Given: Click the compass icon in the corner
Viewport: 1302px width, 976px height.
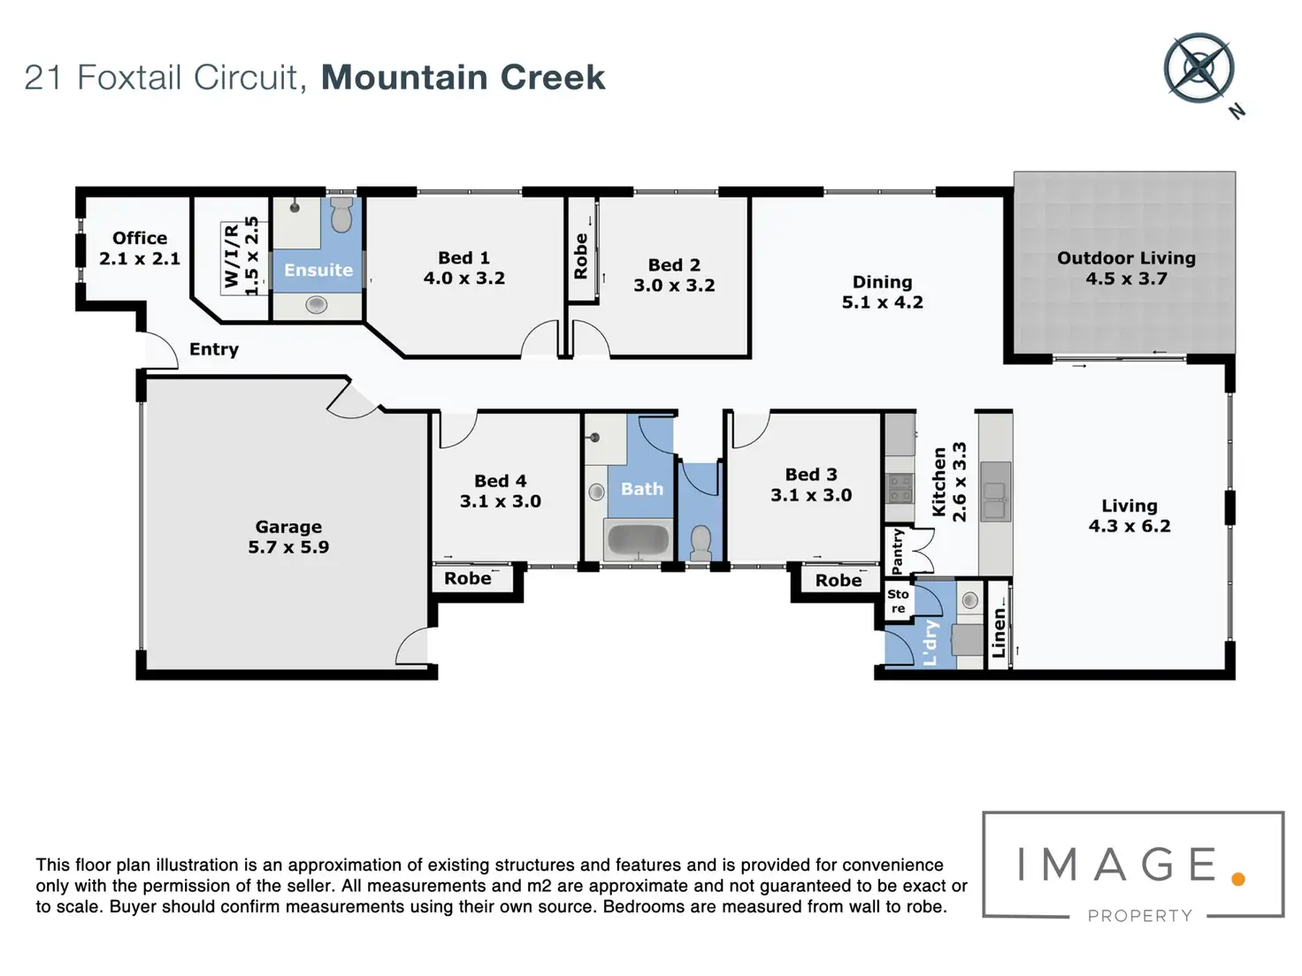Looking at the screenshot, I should pyautogui.click(x=1199, y=68).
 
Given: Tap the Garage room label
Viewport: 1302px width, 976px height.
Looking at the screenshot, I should pyautogui.click(x=288, y=527).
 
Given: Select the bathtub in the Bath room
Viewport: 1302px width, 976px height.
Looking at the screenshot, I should pyautogui.click(x=638, y=540).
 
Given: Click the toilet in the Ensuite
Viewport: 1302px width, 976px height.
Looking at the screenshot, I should pyautogui.click(x=341, y=215).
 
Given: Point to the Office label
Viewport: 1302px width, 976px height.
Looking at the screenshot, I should pyautogui.click(x=140, y=238).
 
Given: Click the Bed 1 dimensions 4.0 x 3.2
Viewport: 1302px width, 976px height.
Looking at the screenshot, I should pyautogui.click(x=464, y=278).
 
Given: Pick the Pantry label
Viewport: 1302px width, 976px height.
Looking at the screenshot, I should pyautogui.click(x=898, y=551).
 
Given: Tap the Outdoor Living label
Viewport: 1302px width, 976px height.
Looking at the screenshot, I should pyautogui.click(x=1126, y=258).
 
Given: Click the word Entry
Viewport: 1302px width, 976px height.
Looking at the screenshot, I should pyautogui.click(x=214, y=349).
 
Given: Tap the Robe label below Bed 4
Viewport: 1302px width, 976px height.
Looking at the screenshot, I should pyautogui.click(x=468, y=579).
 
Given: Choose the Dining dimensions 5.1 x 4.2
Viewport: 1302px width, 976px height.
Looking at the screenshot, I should pyautogui.click(x=882, y=302).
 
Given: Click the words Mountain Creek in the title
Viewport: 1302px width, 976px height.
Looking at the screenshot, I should pyautogui.click(x=463, y=78).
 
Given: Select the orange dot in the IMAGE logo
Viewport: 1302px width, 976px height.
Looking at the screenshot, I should pyautogui.click(x=1238, y=878).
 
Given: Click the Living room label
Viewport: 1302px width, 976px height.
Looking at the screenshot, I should pyautogui.click(x=1129, y=506).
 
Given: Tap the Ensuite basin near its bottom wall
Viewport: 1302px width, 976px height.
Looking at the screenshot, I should pyautogui.click(x=316, y=305).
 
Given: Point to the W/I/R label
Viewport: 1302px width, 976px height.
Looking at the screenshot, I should pyautogui.click(x=233, y=255).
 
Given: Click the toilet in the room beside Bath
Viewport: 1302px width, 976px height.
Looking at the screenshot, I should pyautogui.click(x=700, y=542).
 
